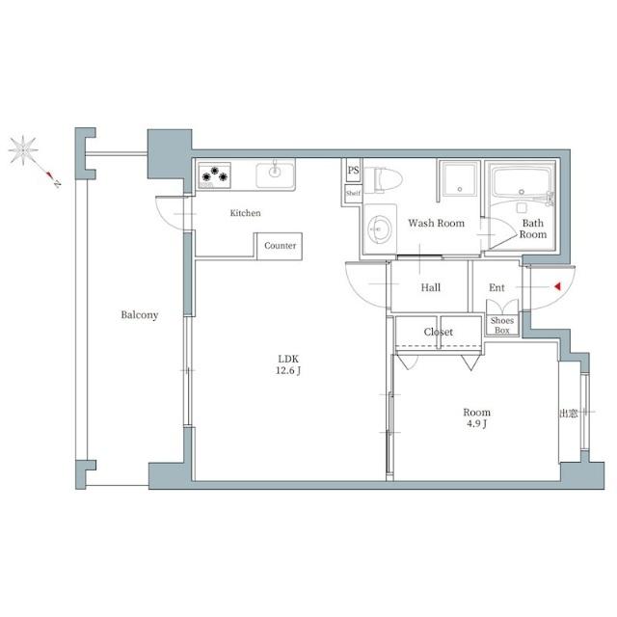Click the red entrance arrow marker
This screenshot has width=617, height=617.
[557, 287]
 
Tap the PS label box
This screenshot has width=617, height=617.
[353, 170]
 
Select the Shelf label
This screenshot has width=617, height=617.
[353, 193]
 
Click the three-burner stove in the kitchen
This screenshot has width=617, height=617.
[214, 175]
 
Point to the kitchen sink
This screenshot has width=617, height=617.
[275, 174]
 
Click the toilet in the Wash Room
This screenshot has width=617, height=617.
[383, 180]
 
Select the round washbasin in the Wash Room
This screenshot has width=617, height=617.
[380, 228]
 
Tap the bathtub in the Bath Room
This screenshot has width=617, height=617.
[521, 184]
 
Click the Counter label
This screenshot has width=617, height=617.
[281, 246]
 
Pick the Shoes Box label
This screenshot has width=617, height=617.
[502, 326]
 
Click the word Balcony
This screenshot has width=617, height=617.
[139, 315]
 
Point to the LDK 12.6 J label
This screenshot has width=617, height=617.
[288, 364]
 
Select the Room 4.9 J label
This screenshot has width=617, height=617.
[476, 417]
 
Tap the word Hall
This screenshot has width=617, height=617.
[431, 287]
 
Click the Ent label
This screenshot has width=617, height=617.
[496, 287]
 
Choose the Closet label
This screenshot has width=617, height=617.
[439, 332]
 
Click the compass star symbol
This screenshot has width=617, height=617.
[23, 150]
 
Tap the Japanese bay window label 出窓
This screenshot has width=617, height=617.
[568, 414]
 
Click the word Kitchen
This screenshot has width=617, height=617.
[245, 213]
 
